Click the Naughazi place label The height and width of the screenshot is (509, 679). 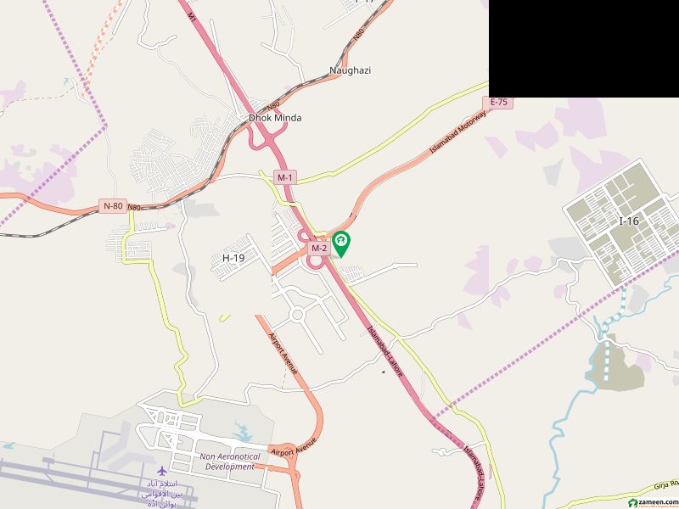(x=350, y=70)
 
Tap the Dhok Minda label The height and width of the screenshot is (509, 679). (x=274, y=118)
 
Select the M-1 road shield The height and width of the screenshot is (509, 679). (x=284, y=176)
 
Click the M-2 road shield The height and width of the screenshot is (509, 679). (x=318, y=248)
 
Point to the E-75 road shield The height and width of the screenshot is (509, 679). (x=499, y=102)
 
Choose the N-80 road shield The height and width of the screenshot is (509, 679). (x=113, y=205)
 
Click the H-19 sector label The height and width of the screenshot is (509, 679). (x=233, y=257)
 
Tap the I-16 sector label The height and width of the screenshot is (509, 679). (x=628, y=221)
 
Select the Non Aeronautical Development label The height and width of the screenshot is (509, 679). (x=228, y=461)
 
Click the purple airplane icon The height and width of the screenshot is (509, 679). (x=161, y=470)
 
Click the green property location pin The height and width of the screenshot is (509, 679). (x=341, y=244)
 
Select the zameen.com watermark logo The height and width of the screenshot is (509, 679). (x=650, y=501)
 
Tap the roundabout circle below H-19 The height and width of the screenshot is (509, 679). (x=297, y=316)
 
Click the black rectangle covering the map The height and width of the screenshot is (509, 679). (x=584, y=48)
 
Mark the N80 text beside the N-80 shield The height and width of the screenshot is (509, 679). (x=134, y=206)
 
